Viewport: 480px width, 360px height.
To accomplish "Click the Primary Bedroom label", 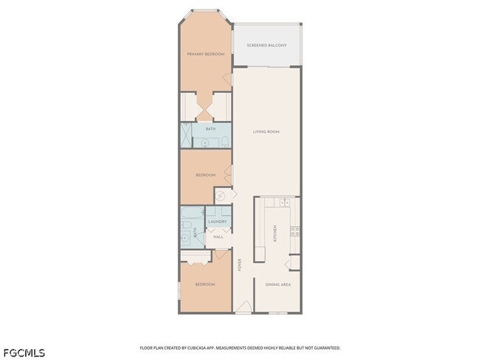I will (205, 55).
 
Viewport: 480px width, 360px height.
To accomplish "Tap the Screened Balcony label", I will (267, 46).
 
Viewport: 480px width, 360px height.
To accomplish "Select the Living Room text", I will (266, 132).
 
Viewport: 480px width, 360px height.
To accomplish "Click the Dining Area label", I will (277, 285).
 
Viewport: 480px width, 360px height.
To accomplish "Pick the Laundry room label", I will (217, 221).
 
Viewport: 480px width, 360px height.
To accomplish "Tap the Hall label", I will (218, 237).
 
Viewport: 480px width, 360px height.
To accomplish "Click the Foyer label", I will (239, 264).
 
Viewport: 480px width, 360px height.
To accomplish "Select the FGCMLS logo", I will (24, 352).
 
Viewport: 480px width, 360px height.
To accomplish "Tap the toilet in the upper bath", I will (226, 140).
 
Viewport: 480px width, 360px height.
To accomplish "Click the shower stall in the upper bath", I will (186, 135).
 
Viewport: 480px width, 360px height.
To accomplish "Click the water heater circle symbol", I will (221, 196).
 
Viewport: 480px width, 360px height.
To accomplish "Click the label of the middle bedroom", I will (205, 175).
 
